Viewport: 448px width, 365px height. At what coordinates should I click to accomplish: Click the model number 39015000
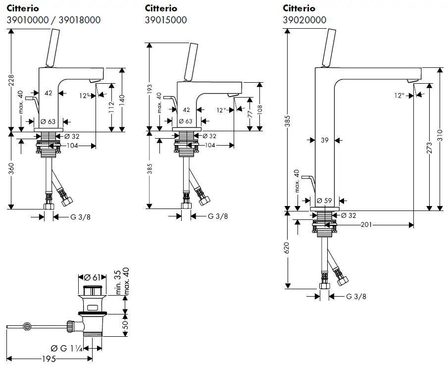point(166,20)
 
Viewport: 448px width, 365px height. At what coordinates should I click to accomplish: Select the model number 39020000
point(304,20)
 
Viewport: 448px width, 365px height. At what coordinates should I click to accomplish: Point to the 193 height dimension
point(149,89)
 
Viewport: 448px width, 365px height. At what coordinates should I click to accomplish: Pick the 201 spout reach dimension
point(366,225)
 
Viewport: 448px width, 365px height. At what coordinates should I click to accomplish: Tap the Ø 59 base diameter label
point(324,201)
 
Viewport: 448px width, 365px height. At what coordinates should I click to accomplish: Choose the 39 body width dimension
point(324,141)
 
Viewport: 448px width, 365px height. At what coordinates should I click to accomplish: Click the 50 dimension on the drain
point(125,325)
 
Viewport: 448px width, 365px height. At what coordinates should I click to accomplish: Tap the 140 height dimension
point(121,99)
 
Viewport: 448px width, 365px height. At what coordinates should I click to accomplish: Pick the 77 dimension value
point(250,113)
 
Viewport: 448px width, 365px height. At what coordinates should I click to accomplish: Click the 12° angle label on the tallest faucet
point(399,95)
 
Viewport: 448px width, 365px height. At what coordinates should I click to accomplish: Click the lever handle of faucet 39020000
point(330,47)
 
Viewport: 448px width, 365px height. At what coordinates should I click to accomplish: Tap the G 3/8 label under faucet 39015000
point(218,216)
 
